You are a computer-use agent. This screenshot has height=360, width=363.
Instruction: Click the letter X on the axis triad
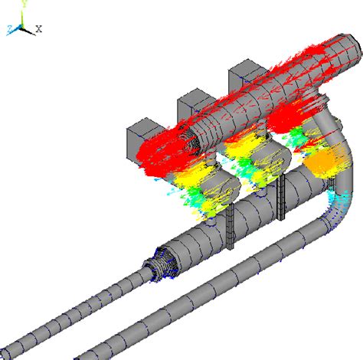38,28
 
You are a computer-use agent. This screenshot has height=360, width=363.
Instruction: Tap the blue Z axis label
10,29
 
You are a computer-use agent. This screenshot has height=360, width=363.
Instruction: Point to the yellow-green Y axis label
25,4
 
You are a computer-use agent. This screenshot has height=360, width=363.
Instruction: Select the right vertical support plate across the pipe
281,197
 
